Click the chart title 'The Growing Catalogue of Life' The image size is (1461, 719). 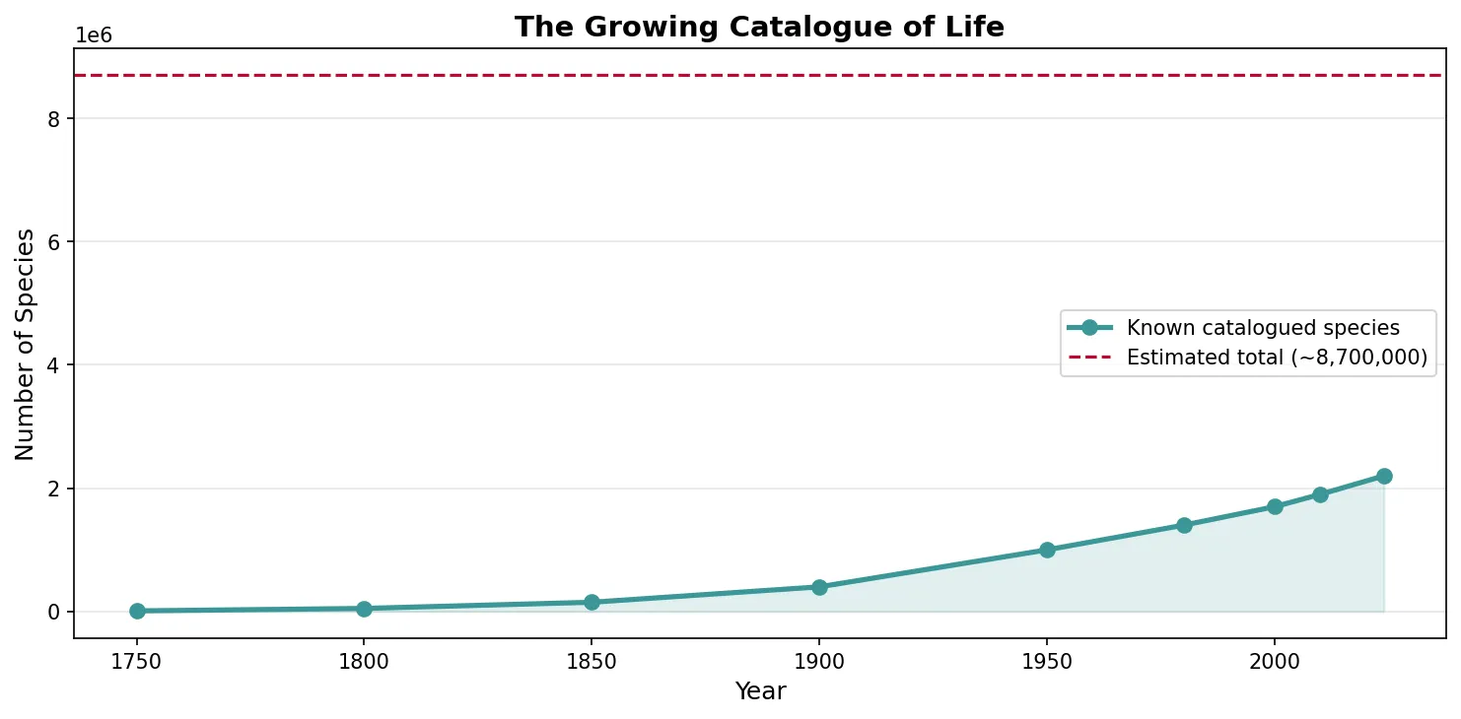tap(759, 27)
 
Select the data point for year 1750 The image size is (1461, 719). tap(137, 611)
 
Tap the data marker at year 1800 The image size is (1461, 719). tap(364, 609)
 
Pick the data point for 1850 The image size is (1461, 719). tap(591, 602)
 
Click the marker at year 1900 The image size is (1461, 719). tap(819, 587)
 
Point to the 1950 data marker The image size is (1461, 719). tap(1047, 550)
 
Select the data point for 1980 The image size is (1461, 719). tap(1184, 525)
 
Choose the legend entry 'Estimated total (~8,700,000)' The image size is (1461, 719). tap(1277, 358)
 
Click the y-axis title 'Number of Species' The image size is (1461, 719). tap(26, 344)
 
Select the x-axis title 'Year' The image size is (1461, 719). tap(760, 691)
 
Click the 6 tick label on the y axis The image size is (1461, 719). tap(55, 241)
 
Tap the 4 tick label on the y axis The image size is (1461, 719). tap(55, 365)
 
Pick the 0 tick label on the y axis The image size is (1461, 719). tap(55, 612)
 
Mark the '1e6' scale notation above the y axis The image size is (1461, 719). tap(95, 36)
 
